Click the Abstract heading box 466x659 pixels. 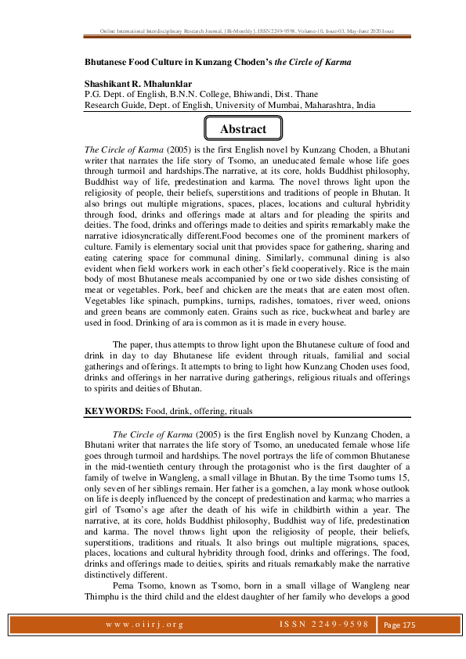click(x=243, y=129)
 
